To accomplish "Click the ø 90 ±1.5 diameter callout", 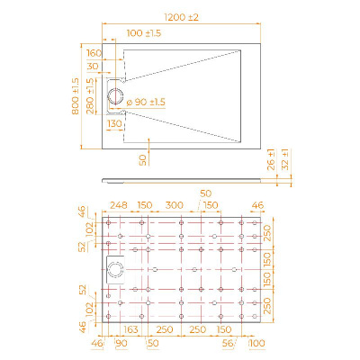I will (x=149, y=100).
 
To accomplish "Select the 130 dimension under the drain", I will (x=114, y=123).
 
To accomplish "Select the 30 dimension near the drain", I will (x=94, y=67).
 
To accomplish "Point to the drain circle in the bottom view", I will (x=113, y=268).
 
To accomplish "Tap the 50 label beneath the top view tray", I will (x=143, y=158).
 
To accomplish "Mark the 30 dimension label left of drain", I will (x=94, y=67).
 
